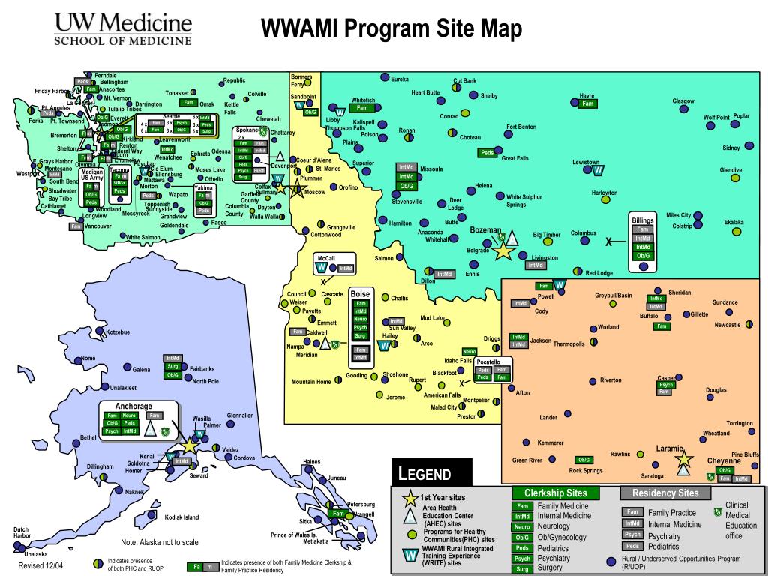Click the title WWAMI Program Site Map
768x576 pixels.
391,29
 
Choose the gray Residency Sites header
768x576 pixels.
666,493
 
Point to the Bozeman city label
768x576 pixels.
485,229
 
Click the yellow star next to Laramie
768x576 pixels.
682,459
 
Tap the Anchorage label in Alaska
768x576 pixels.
133,406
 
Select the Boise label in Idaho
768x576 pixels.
361,293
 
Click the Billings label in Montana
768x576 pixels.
643,220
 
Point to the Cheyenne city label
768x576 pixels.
724,461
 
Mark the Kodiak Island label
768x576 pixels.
181,517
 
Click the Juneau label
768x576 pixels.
337,478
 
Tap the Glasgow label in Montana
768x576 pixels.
682,100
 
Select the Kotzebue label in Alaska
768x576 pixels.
118,331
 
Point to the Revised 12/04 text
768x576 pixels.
40,565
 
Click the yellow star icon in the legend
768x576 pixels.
410,497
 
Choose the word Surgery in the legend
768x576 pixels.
550,568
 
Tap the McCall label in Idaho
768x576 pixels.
325,257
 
